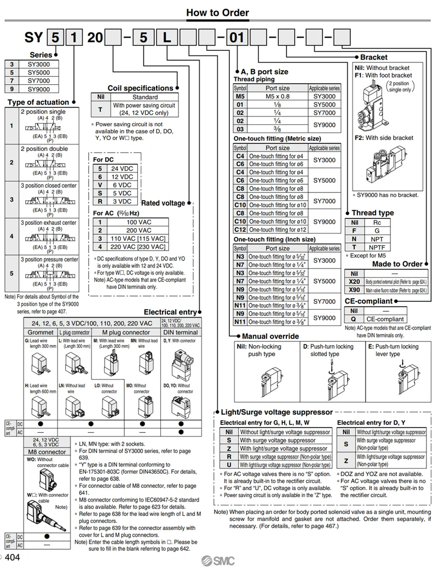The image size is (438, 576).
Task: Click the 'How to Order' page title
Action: pyautogui.click(x=217, y=13)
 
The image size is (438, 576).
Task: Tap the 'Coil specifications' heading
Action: pyautogui.click(x=140, y=88)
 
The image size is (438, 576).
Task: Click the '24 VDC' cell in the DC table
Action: pyautogui.click(x=122, y=168)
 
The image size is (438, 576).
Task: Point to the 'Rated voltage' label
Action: pyautogui.click(x=163, y=203)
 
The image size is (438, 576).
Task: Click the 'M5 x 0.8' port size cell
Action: pyautogui.click(x=278, y=96)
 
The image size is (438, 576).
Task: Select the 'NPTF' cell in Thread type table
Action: pyautogui.click(x=377, y=247)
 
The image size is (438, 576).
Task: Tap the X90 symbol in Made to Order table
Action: pyautogui.click(x=354, y=290)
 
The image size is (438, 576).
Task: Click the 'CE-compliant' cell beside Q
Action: pyautogui.click(x=385, y=319)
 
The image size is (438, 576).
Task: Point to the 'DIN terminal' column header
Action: pyautogui.click(x=181, y=332)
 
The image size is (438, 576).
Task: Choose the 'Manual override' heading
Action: pyautogui.click(x=270, y=336)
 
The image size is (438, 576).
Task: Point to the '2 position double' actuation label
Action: pyautogui.click(x=44, y=149)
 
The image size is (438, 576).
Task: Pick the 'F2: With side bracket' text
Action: pyautogui.click(x=384, y=138)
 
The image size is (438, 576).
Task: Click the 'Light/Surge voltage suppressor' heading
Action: pyautogui.click(x=276, y=412)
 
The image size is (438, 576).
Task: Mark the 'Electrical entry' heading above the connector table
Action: pyautogui.click(x=170, y=312)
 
